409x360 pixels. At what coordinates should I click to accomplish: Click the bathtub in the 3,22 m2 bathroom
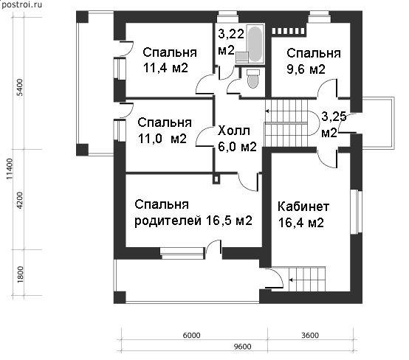tap(255, 44)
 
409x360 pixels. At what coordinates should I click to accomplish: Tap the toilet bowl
tap(252, 79)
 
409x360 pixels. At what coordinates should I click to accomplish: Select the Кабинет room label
tap(303, 207)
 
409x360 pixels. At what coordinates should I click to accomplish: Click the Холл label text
tap(234, 131)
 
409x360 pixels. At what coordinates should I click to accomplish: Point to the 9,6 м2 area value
tap(306, 69)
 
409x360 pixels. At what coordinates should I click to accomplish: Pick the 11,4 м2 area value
tap(165, 68)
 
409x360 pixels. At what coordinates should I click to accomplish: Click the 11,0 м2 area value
tap(162, 139)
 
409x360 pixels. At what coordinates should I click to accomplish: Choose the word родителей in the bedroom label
tap(168, 221)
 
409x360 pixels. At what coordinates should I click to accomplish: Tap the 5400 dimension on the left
tap(20, 87)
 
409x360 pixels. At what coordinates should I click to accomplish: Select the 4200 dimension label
tap(20, 200)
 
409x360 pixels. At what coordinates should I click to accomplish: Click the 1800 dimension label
tap(20, 274)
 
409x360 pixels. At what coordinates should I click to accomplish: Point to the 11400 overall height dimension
tap(9, 169)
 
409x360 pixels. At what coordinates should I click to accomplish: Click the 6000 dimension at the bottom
tap(191, 335)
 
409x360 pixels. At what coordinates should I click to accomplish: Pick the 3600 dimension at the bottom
tap(310, 335)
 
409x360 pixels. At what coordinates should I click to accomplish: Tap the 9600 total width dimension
tap(243, 347)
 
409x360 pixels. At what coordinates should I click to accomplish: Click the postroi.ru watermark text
tap(21, 4)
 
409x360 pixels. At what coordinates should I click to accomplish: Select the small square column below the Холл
tap(216, 179)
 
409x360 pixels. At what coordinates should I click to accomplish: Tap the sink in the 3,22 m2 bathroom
tap(242, 57)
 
